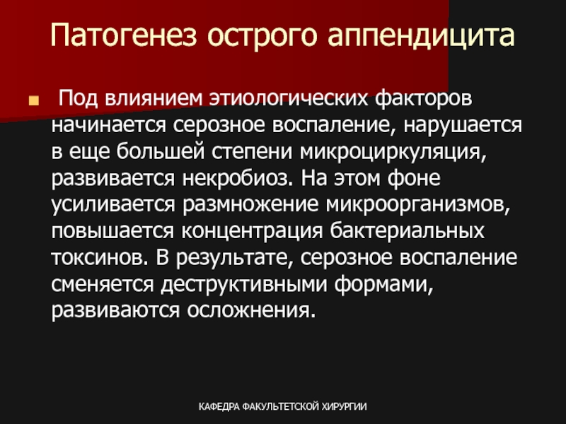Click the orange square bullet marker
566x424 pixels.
click(33, 100)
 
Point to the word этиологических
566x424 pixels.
click(289, 98)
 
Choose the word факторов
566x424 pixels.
click(423, 99)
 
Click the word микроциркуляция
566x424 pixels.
click(393, 152)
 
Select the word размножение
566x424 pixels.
click(250, 205)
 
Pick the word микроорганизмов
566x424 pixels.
click(417, 205)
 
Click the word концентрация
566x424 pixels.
click(252, 232)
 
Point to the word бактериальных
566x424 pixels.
click(407, 231)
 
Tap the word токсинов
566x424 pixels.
click(100, 258)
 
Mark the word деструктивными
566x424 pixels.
click(244, 285)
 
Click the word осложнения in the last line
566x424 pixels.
click(251, 310)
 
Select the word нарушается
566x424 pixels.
click(463, 126)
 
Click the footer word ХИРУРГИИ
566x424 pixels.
click(344, 407)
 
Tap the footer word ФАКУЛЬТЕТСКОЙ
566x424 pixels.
click(279, 407)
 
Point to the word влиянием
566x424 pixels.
click(154, 98)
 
